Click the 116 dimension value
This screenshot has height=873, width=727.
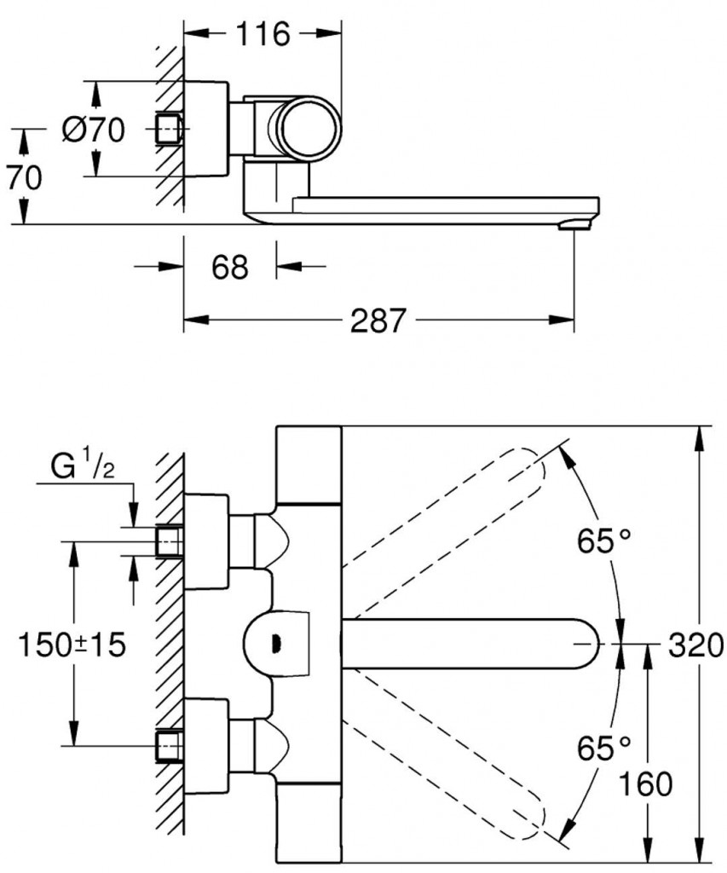coord(264,35)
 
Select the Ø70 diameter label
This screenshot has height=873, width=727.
coord(94,130)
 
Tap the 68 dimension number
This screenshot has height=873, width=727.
coord(229,268)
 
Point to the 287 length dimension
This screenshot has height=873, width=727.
coord(378,321)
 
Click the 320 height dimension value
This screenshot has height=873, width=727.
coord(695,645)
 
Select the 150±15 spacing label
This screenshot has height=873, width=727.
coord(72,645)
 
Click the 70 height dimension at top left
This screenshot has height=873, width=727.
coord(25,178)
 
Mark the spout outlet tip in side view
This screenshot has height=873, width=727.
coord(573,224)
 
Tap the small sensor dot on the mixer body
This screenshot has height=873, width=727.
coord(274,643)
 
